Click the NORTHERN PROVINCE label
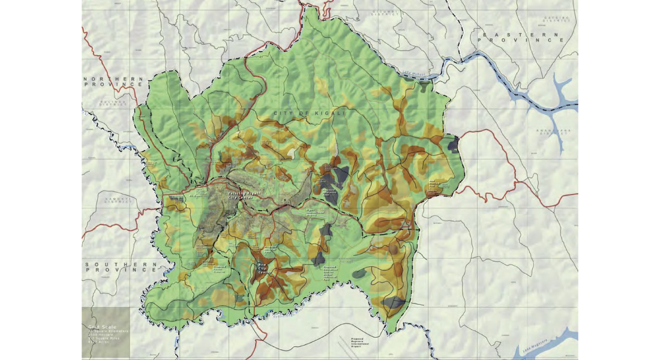(x=114, y=82)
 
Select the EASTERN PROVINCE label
(x=522, y=37)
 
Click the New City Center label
(x=261, y=268)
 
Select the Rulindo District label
(x=115, y=104)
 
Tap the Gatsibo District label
(x=556, y=20)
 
